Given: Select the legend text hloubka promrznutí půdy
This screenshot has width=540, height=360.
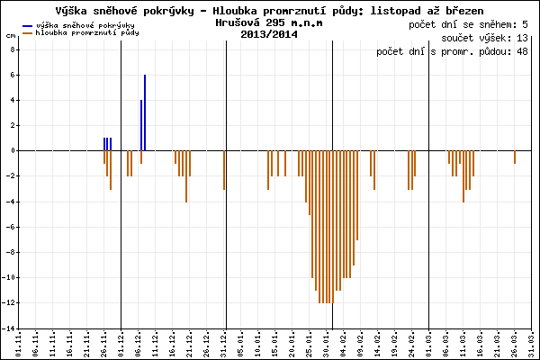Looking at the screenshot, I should point(85,33).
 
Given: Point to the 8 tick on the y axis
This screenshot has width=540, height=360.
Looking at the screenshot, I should point(13,49).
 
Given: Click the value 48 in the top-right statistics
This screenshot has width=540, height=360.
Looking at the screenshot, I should point(523,52).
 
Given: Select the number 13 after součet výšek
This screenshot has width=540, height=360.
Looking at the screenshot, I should point(523,39).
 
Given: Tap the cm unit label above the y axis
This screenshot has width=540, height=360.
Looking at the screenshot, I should point(10,36).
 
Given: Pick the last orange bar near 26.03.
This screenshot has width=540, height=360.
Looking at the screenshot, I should point(515,157).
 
